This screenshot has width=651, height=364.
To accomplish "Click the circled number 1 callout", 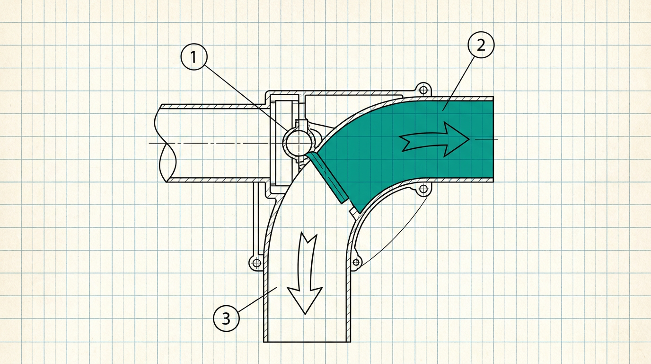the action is tap(194, 57).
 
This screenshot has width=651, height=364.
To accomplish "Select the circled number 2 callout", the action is tap(481, 45).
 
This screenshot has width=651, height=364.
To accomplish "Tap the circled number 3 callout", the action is tap(227, 318).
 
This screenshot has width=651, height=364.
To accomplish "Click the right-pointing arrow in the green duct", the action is tap(434, 139).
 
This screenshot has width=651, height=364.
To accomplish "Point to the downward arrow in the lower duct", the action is tap(306, 274).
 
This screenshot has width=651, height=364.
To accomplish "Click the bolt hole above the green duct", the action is tap(423, 90).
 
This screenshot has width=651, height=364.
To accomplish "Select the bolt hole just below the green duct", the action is tap(423, 190).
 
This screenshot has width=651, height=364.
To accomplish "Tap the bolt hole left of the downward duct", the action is tap(256, 263).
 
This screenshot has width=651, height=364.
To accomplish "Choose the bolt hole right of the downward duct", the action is tap(356, 263).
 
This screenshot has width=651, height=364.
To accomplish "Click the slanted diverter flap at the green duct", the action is tap(327, 177).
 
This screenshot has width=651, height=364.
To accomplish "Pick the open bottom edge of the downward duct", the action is tap(307, 342).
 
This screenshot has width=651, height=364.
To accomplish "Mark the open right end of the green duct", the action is tap(493, 139).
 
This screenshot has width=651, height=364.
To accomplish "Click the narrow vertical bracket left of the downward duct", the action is tap(256, 219).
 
